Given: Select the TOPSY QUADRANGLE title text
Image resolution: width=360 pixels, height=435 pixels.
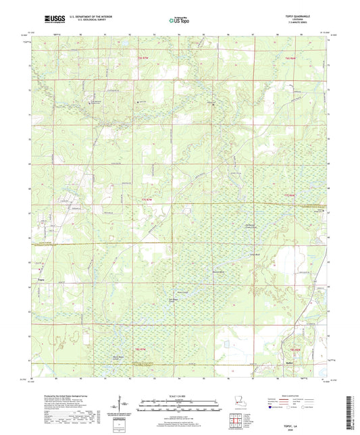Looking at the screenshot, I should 302,16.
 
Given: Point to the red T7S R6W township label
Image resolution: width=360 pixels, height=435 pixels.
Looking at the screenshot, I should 290,195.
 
